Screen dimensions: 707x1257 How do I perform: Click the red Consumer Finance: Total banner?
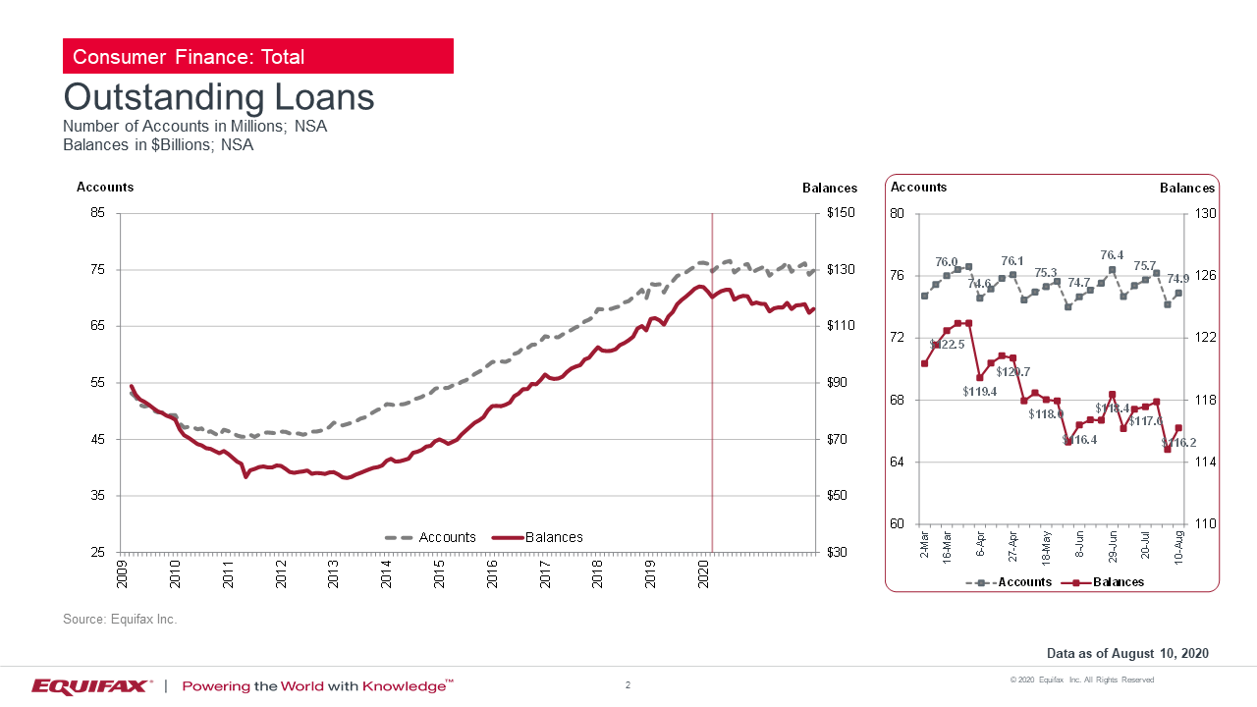pos(257,56)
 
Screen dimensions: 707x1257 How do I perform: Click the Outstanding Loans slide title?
pos(218,97)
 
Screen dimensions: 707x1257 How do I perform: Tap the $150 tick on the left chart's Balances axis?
pos(841,213)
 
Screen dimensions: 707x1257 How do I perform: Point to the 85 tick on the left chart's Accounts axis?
pos(98,213)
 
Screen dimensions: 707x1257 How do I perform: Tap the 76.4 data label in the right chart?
pos(1112,255)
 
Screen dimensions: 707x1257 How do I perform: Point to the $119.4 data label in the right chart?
pos(980,391)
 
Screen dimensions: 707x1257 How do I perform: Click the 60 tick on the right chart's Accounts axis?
pos(897,523)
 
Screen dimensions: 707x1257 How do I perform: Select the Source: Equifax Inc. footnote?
pos(120,620)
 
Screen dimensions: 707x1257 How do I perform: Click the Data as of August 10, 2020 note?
pos(1127,653)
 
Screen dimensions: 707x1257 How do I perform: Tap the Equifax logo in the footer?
pos(90,685)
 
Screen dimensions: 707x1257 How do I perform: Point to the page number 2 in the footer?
pos(628,683)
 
